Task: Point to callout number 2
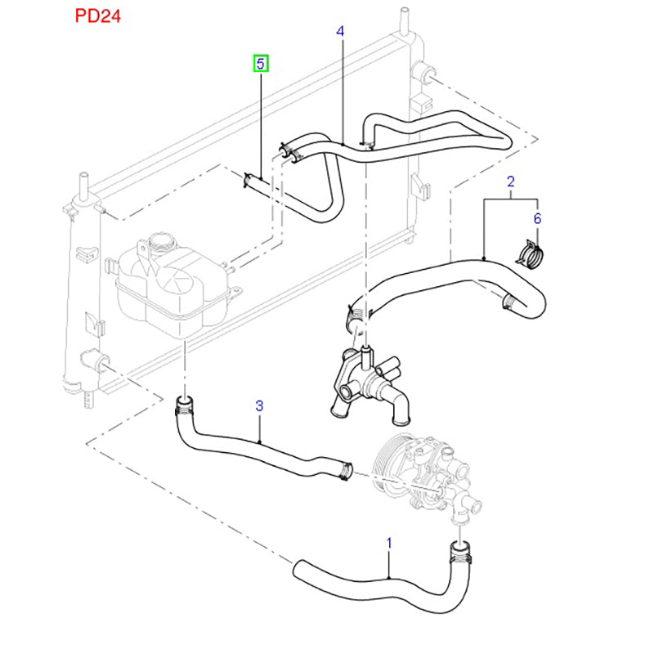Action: click(x=510, y=181)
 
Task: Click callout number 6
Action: click(x=537, y=218)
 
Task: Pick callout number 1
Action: click(x=389, y=542)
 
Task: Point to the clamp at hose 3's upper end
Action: click(x=184, y=402)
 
